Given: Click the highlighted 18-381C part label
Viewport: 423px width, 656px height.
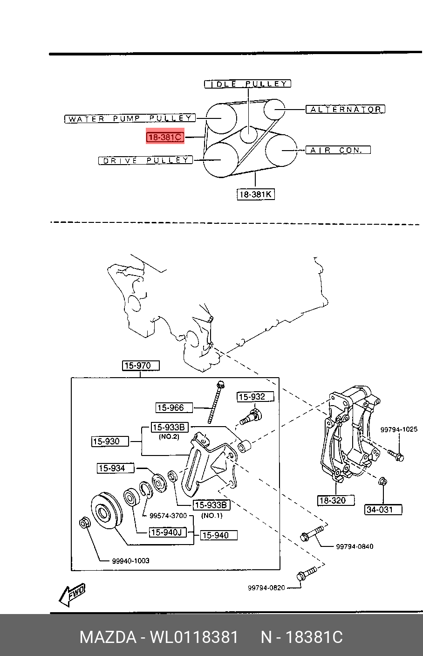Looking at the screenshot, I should [x=165, y=137].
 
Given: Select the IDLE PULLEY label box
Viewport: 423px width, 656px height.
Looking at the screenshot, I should [x=247, y=84].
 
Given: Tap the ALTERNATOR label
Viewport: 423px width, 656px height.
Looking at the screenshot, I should [x=345, y=109].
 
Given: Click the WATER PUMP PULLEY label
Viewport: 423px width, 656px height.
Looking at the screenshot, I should [x=130, y=118].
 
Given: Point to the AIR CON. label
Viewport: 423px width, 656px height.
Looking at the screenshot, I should [x=338, y=150].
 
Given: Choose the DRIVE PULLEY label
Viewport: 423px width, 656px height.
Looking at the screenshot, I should [x=145, y=160].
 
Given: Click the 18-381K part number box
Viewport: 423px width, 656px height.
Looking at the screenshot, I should [x=255, y=194].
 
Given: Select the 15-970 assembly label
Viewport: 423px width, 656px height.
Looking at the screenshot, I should [x=141, y=366].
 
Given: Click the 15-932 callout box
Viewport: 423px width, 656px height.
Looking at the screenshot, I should [x=255, y=397].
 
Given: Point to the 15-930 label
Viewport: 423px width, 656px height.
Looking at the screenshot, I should [x=109, y=441].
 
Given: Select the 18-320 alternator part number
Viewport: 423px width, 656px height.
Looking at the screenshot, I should [x=335, y=500].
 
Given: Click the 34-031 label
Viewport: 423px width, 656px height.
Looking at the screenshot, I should [x=382, y=509].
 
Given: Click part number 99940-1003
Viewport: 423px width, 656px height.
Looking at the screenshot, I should [x=130, y=560].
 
